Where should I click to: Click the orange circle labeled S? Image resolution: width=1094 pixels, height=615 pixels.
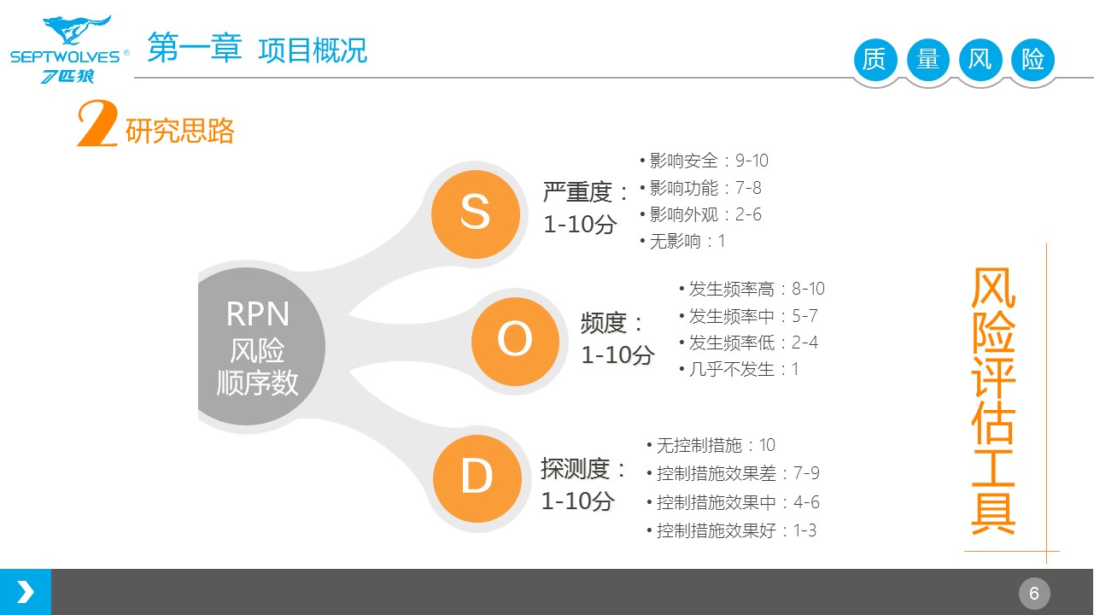(x=475, y=212)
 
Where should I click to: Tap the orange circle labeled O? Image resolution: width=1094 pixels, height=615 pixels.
(x=515, y=341)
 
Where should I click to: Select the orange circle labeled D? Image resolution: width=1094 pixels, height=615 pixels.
(x=477, y=477)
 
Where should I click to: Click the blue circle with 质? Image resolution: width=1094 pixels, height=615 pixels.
(x=875, y=60)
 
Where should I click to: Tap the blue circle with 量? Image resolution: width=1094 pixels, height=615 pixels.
(x=927, y=60)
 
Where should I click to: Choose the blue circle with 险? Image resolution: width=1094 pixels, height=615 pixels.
(x=1033, y=60)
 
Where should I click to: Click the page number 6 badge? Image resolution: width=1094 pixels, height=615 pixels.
(x=1034, y=593)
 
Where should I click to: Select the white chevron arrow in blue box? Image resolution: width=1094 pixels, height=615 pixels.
(x=26, y=592)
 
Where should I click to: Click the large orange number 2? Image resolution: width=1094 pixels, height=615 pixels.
(x=97, y=126)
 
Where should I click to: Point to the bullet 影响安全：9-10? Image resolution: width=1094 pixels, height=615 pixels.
(x=704, y=161)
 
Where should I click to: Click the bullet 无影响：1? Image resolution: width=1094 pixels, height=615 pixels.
(x=682, y=241)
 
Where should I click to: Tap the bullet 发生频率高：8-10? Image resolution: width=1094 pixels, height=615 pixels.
(x=752, y=289)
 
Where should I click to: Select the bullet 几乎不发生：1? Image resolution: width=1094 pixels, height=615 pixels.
(x=739, y=369)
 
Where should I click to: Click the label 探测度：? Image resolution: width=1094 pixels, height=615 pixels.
(x=585, y=468)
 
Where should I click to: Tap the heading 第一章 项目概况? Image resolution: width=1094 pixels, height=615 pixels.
(x=257, y=50)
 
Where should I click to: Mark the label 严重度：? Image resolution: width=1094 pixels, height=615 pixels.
(x=587, y=192)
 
